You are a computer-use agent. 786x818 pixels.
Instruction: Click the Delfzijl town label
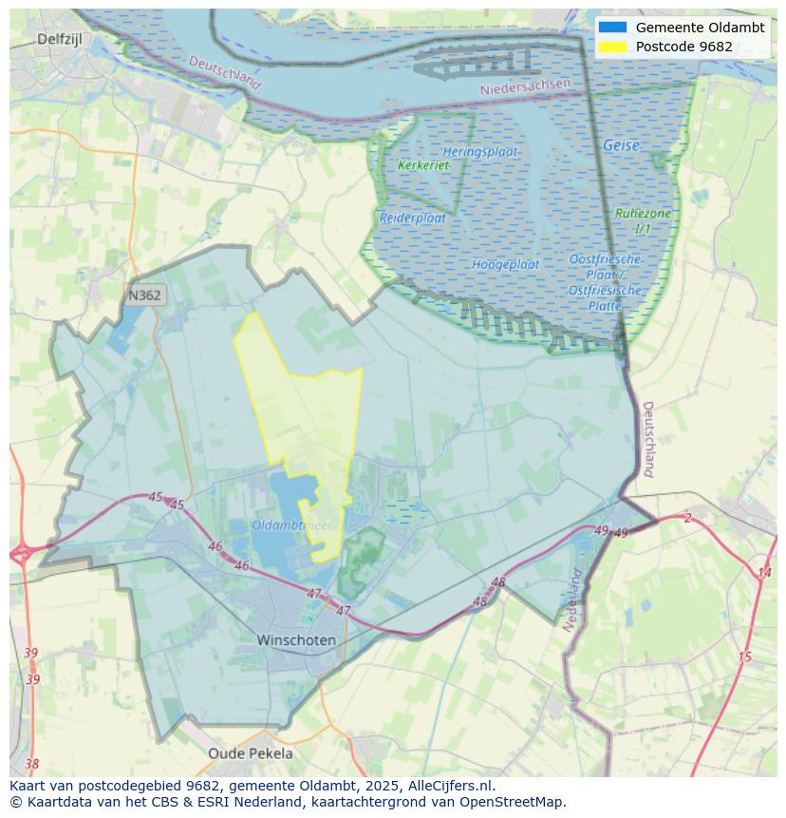62,39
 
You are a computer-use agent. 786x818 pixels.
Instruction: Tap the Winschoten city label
296,640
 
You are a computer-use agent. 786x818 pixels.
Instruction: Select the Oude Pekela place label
251,753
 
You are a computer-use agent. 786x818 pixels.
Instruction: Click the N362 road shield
144,295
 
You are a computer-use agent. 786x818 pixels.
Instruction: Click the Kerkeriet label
423,165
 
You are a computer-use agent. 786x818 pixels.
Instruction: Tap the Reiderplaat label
413,218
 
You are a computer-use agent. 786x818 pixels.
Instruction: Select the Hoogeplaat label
505,264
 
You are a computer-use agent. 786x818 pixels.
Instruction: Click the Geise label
621,146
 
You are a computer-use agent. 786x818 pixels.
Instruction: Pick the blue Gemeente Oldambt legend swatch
613,28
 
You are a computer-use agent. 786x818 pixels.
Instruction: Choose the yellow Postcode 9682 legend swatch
613,47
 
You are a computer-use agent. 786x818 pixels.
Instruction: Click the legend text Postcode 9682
684,47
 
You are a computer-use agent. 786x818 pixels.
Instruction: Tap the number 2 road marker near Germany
687,518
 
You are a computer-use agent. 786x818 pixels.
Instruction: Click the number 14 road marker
764,572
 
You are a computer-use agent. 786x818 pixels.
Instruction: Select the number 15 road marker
744,656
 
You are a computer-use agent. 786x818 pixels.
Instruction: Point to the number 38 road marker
32,764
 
